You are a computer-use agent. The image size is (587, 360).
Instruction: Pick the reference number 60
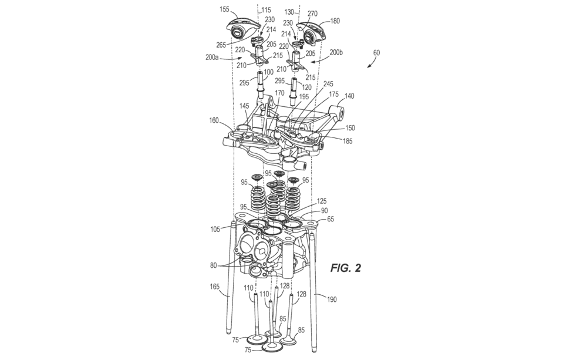click(376, 53)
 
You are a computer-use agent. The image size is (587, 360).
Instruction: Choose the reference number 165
click(215, 287)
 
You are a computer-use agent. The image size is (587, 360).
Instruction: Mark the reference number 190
click(332, 300)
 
